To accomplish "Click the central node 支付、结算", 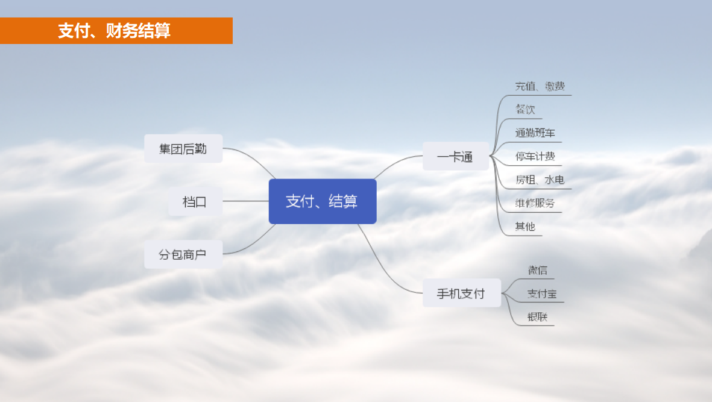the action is tap(323, 201).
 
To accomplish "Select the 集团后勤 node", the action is tap(183, 148).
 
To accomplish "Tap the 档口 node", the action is tap(195, 201).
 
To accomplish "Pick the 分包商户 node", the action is tap(183, 254).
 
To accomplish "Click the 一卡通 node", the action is tap(455, 156).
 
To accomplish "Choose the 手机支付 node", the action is tap(461, 293).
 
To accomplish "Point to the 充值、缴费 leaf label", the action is tap(540, 86).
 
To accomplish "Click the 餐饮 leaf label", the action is tap(525, 109).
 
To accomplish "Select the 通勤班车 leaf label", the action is tap(535, 133).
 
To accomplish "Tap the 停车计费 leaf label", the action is tap(535, 157).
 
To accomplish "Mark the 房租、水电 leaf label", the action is tap(540, 180).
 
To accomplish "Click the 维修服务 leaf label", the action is tap(535, 203).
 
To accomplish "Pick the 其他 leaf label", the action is tap(525, 227).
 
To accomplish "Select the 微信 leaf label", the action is tap(537, 271).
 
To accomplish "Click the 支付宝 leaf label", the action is tap(542, 294).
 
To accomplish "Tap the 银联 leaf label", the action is tap(537, 317).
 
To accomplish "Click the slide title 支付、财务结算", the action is tap(114, 31).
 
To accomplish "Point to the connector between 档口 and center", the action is tap(245, 201).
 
